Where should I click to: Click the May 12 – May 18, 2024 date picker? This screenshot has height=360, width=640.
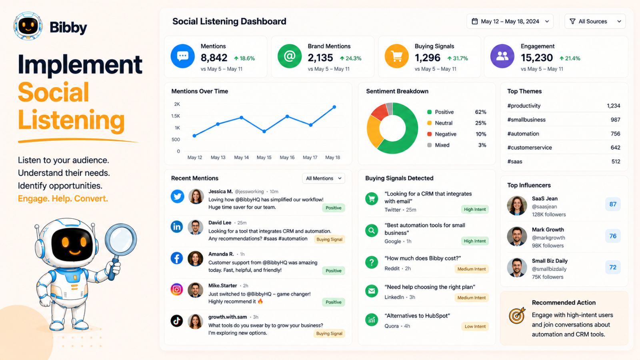pos(510,22)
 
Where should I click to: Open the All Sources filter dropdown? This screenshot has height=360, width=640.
pos(595,22)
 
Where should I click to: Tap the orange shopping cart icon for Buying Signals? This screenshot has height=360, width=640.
pos(396,56)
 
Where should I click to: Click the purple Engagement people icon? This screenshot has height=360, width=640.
pos(502,56)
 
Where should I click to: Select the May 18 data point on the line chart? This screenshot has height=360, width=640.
pos(334,107)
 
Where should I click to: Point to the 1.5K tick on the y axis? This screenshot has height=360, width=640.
pos(176,116)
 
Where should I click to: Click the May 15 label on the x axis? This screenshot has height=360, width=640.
pos(264,158)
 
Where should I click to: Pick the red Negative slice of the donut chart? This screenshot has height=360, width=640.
pos(380,112)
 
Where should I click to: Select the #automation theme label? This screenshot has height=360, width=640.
pos(523,134)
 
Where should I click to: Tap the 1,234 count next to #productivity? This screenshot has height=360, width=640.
pos(614,106)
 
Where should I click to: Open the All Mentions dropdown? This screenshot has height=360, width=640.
pos(324,178)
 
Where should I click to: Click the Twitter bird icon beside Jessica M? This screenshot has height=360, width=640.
pos(178,196)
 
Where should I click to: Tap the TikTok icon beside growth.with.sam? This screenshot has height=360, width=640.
pos(177,321)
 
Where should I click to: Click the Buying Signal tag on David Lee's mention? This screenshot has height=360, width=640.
pos(329,240)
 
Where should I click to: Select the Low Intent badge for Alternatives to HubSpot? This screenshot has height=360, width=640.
pos(475,326)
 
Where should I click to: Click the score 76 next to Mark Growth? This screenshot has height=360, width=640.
pos(613,236)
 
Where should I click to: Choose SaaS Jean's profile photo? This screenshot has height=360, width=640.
pos(517,206)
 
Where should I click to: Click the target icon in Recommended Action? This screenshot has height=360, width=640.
pos(517,316)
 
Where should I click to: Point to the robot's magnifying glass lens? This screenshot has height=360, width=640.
pos(121,239)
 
